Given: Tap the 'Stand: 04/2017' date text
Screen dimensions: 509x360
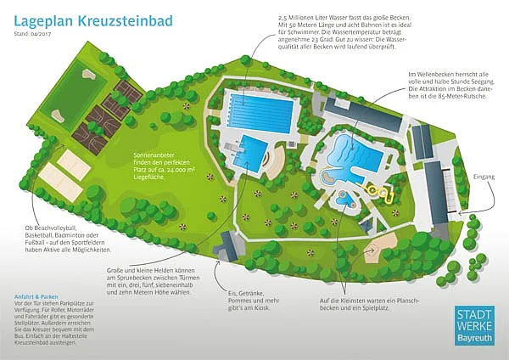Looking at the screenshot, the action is [32, 34].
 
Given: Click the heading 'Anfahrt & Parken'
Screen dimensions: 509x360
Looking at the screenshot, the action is [36, 296].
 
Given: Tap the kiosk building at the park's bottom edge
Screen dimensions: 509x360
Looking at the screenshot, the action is [227, 249].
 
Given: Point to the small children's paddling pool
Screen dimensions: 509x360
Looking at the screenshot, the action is [346, 201].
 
